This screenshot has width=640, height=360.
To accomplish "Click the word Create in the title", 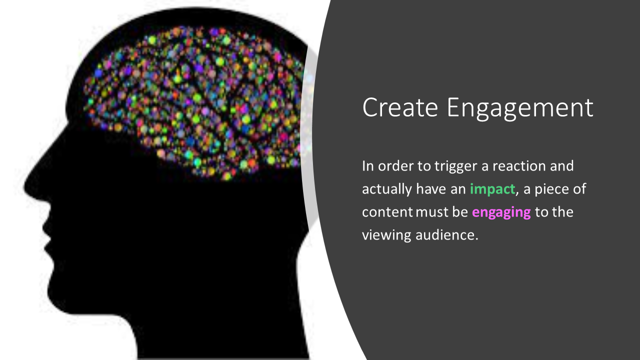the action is click(400, 107).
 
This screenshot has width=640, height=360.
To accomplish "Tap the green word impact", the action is click(492, 189).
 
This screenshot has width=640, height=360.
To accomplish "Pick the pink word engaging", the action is click(501, 213).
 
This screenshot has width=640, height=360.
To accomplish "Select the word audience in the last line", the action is click(447, 235).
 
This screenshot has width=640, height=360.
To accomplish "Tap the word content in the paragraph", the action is click(387, 212).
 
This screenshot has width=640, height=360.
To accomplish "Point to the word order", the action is click(395, 166).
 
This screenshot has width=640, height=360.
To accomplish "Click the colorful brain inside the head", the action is click(194, 103).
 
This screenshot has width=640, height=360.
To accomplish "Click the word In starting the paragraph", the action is click(367, 166).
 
